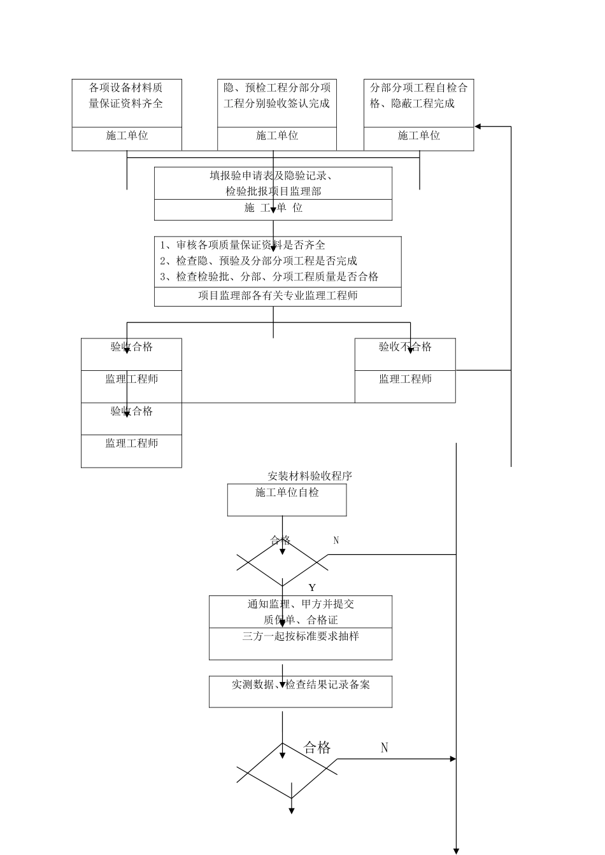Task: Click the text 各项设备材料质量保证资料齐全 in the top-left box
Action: pyautogui.click(x=126, y=95)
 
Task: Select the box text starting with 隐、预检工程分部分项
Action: pyautogui.click(x=277, y=95)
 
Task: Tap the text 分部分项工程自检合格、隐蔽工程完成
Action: pyautogui.click(x=418, y=95)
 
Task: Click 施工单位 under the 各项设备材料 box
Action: pyautogui.click(x=126, y=136)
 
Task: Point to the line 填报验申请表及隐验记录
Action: pyautogui.click(x=273, y=176)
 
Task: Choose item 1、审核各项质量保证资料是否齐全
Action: pyautogui.click(x=243, y=245)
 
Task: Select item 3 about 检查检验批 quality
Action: pyautogui.click(x=269, y=277)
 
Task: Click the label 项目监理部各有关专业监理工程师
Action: pyautogui.click(x=278, y=296)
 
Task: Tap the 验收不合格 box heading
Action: pyautogui.click(x=405, y=347)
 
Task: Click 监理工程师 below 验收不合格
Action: pyautogui.click(x=405, y=379)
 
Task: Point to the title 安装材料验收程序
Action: pyautogui.click(x=310, y=476)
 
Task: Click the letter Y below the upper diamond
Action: pyautogui.click(x=312, y=588)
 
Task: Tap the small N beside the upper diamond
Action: pyautogui.click(x=336, y=541)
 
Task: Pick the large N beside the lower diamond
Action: pyautogui.click(x=385, y=748)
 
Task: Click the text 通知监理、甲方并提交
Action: pyautogui.click(x=301, y=604)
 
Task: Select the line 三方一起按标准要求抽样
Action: pyautogui.click(x=301, y=636)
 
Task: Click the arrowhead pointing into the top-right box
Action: pyautogui.click(x=478, y=127)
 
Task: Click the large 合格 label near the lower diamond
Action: pyautogui.click(x=317, y=748)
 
